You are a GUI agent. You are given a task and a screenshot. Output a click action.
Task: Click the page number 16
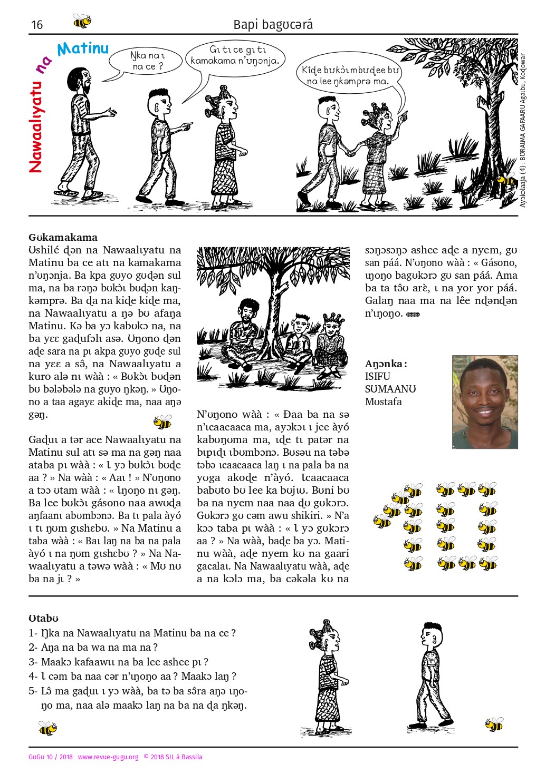pyautogui.click(x=37, y=25)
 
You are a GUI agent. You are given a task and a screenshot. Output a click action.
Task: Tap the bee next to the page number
pyautogui.click(x=82, y=21)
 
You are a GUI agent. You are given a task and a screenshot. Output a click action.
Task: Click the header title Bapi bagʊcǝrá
pyautogui.click(x=273, y=25)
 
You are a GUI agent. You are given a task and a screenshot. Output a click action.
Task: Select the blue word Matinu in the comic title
pyautogui.click(x=83, y=50)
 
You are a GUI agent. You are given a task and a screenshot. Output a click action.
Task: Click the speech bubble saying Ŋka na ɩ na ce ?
pyautogui.click(x=148, y=61)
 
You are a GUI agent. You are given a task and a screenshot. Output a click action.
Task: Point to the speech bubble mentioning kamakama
pyautogui.click(x=234, y=56)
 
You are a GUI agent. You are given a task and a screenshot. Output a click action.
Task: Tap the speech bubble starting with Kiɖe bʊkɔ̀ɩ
pyautogui.click(x=350, y=76)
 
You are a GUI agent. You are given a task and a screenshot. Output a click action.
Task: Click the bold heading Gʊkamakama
pyautogui.click(x=63, y=237)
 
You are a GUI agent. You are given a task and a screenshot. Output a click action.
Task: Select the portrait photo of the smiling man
pyautogui.click(x=484, y=401)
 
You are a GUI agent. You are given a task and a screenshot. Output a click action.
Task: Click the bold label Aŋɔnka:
pyautogui.click(x=386, y=364)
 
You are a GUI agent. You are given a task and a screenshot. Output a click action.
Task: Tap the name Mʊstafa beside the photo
pyautogui.click(x=383, y=401)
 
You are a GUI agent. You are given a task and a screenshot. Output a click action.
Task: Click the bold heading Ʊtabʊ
pyautogui.click(x=43, y=618)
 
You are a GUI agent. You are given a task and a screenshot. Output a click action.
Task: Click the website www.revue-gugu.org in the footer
pyautogui.click(x=108, y=757)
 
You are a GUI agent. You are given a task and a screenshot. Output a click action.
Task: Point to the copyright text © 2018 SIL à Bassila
pyautogui.click(x=173, y=757)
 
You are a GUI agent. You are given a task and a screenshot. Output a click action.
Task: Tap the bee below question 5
pyautogui.click(x=47, y=729)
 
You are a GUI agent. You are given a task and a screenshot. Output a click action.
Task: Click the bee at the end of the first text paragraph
pyautogui.click(x=162, y=422)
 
